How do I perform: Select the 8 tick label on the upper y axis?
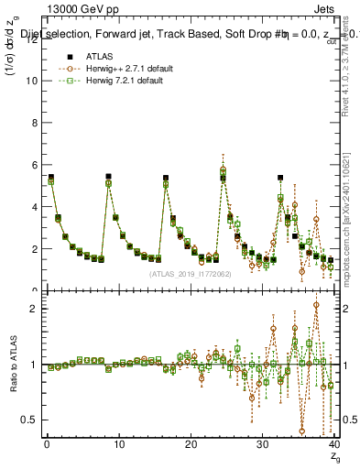(x=34, y=123)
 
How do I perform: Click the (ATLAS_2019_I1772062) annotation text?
(x=190, y=273)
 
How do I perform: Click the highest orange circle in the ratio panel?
(x=316, y=305)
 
